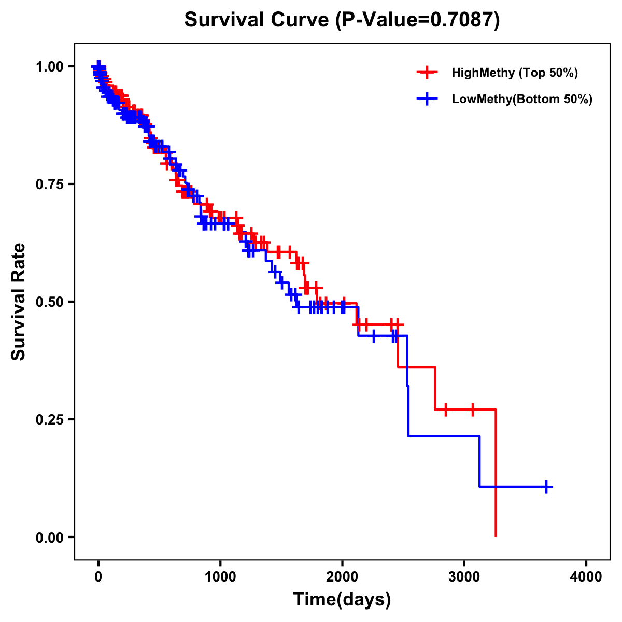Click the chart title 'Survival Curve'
257,20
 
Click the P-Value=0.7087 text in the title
417,20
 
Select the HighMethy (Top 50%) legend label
514,73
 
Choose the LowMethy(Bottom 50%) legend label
521,99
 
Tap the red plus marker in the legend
427,73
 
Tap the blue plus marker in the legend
427,99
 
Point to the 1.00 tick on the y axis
49,66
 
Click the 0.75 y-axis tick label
49,184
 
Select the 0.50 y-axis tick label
49,302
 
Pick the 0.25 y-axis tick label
49,419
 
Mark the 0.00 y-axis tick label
49,537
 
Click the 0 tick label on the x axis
98,577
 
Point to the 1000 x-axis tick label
220,577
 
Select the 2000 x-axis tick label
342,577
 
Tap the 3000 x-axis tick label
464,577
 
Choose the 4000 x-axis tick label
586,577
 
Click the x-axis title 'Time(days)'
342,600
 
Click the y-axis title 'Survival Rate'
19,302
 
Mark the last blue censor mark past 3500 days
546,487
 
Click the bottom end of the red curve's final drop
496,535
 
